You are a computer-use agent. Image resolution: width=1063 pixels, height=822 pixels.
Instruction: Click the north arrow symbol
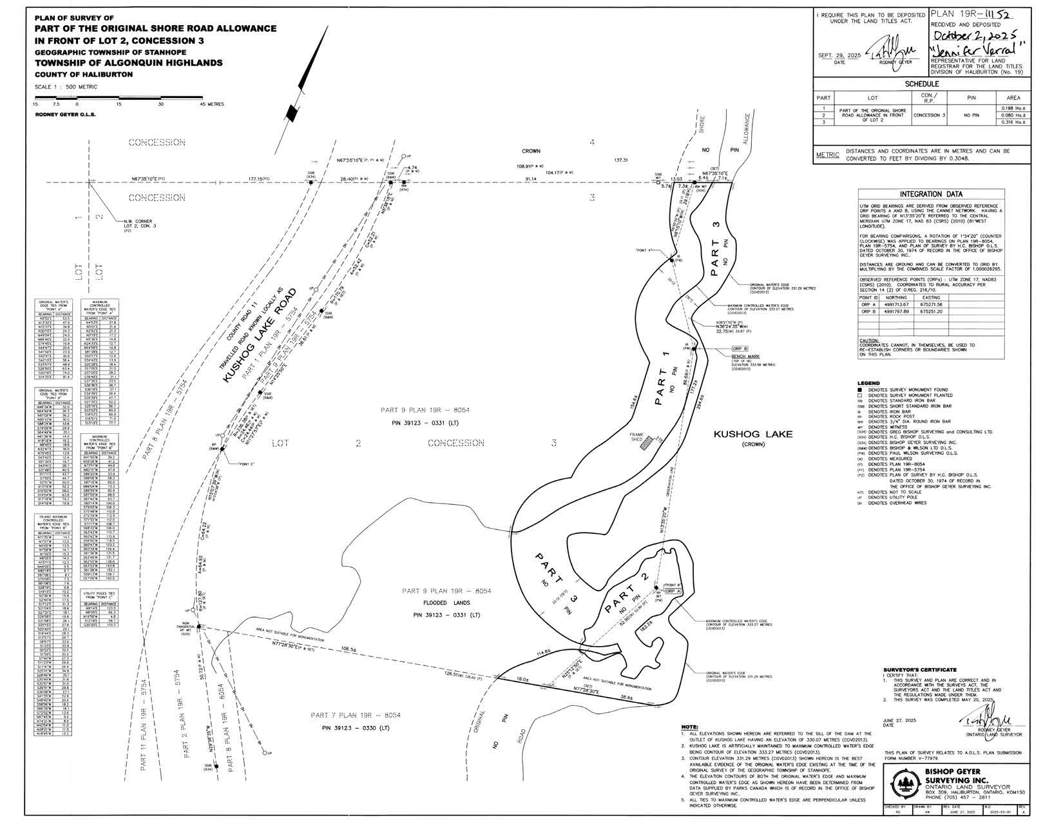coord(294,110)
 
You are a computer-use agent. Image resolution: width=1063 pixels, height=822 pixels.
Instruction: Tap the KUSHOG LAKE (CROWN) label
coord(752,435)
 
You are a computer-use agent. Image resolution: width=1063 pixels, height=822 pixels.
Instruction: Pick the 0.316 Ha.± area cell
coord(1013,121)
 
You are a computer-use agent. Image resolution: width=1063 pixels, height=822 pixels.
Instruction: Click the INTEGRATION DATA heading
coord(932,194)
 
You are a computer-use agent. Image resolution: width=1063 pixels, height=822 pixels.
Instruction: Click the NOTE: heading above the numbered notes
coord(689,727)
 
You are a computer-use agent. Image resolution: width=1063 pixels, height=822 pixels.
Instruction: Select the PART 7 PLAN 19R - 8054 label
coord(356,716)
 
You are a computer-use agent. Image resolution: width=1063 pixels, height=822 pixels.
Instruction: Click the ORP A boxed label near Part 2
coord(673,591)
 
